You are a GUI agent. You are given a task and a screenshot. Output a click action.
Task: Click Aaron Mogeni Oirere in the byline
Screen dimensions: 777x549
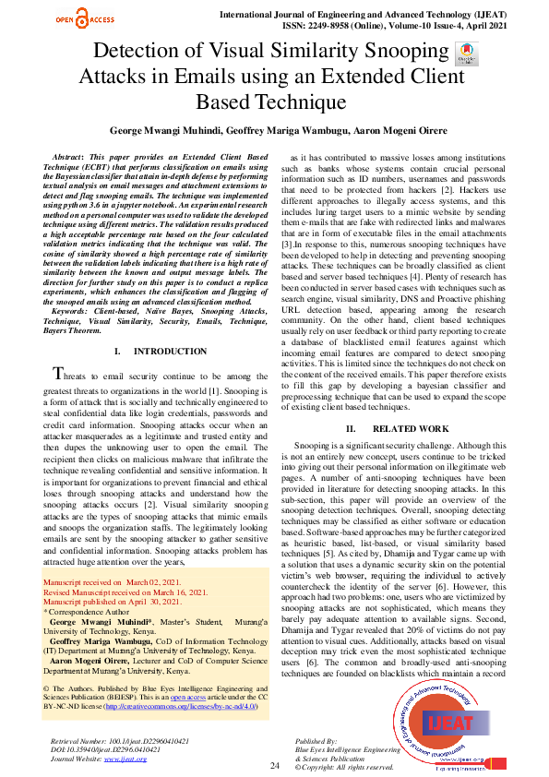coord(393,131)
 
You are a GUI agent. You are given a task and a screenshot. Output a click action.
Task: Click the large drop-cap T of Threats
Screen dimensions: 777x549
coord(60,374)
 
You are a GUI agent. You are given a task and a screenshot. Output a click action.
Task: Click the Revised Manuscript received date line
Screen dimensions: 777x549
coord(125,591)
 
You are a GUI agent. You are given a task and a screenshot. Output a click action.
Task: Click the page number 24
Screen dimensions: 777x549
coord(274,765)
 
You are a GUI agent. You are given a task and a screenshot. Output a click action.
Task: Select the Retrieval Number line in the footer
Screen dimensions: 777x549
coord(121,741)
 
